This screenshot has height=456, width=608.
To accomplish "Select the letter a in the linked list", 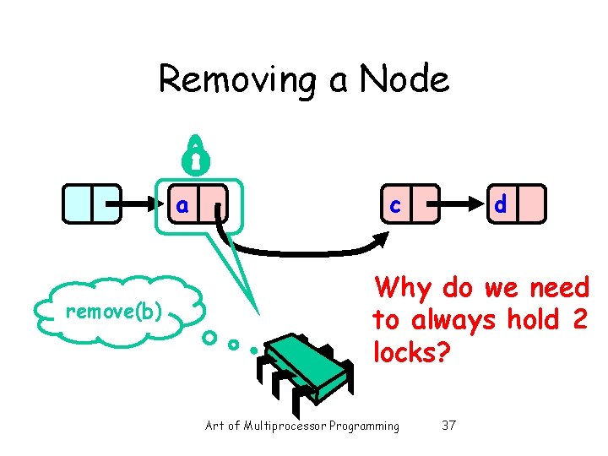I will tap(182, 205).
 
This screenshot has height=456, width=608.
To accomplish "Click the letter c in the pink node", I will tap(394, 204).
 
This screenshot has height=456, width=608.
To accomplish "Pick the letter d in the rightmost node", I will tap(501, 204).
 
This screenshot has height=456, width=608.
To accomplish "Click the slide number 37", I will tap(448, 426).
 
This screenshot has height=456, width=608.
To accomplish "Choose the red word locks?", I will tap(407, 352).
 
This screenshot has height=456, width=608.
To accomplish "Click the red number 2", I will tap(578, 321).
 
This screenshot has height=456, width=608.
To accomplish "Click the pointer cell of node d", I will tap(531, 204).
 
